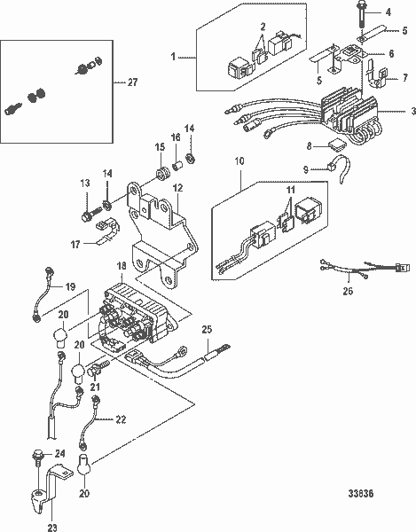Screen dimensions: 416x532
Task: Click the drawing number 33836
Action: click(x=361, y=493)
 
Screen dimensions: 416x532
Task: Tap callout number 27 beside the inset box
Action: click(x=132, y=82)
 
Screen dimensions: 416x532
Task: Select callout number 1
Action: click(x=173, y=57)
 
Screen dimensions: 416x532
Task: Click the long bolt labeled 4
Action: click(x=360, y=18)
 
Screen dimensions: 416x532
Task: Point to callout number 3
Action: click(x=413, y=111)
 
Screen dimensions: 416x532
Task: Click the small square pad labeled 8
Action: click(x=338, y=145)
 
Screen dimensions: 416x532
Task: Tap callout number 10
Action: click(x=239, y=160)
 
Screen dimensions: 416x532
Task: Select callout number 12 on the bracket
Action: click(x=177, y=188)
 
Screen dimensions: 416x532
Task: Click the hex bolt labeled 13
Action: click(x=91, y=214)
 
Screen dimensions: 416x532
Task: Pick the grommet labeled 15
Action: click(x=162, y=173)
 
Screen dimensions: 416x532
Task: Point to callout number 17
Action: click(x=75, y=245)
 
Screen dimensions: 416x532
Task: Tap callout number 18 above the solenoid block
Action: click(x=122, y=266)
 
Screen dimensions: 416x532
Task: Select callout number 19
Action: click(x=70, y=287)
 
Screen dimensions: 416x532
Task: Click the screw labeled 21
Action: click(x=99, y=368)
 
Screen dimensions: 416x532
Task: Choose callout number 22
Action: click(x=121, y=419)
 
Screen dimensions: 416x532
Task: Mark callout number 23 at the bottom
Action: click(x=52, y=528)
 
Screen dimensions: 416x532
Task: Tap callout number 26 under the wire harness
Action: click(x=348, y=291)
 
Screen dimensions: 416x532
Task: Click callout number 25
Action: click(x=207, y=329)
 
